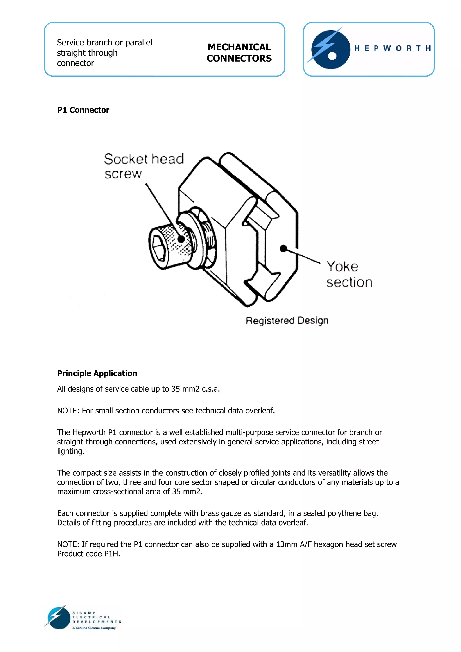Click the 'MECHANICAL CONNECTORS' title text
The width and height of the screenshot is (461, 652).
(x=239, y=52)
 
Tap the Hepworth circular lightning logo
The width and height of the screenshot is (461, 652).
(x=330, y=50)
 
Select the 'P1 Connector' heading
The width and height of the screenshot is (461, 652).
(x=83, y=110)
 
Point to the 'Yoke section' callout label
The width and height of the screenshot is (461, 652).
(x=349, y=274)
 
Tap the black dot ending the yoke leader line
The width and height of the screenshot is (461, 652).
(x=283, y=248)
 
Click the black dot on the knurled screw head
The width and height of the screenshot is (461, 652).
(x=181, y=239)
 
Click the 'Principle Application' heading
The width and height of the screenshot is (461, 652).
(x=97, y=373)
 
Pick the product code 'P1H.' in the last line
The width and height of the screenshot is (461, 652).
(x=112, y=554)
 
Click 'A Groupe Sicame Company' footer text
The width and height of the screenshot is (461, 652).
(x=94, y=628)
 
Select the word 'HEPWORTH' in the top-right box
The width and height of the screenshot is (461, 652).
(x=393, y=48)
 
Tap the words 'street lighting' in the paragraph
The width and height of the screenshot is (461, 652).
(x=366, y=442)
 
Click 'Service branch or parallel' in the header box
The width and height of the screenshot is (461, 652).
(x=104, y=43)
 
